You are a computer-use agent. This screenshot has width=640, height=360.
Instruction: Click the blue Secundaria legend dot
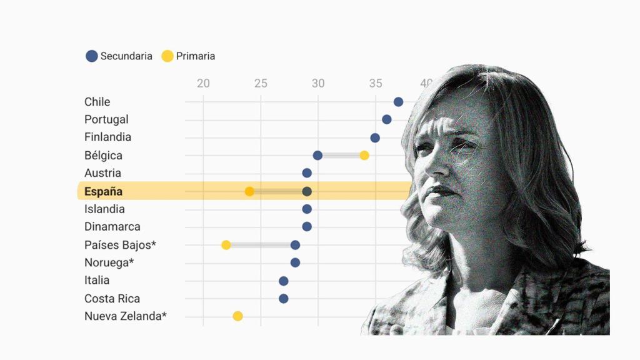[x=92, y=56]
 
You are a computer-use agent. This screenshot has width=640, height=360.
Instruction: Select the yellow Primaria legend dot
[x=167, y=56]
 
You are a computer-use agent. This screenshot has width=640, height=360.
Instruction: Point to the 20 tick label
[x=203, y=83]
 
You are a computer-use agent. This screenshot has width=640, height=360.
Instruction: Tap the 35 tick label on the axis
[x=375, y=83]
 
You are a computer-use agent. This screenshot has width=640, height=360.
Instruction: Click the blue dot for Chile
[x=398, y=102]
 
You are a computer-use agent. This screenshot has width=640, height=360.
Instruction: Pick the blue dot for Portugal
[x=387, y=119]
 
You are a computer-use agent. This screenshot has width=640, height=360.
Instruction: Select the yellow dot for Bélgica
[x=364, y=155]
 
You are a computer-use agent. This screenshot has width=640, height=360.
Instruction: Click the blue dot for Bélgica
[x=317, y=155]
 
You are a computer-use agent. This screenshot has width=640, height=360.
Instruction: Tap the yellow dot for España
[x=249, y=191]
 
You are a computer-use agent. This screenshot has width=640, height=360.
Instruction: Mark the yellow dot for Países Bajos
[x=226, y=245]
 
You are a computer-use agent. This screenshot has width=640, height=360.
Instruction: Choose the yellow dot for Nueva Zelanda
[x=237, y=316]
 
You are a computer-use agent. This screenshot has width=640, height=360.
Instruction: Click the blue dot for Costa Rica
[x=284, y=299]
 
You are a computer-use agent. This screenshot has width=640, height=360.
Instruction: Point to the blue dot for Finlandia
[x=375, y=137]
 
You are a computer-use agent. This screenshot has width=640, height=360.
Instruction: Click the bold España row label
[x=103, y=191]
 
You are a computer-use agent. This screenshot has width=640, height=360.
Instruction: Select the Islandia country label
[x=104, y=209]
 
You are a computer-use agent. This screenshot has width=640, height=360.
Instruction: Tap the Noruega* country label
[x=109, y=262]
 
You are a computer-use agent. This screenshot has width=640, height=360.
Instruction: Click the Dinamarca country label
[x=112, y=227]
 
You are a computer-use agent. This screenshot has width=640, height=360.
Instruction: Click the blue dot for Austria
[x=307, y=173]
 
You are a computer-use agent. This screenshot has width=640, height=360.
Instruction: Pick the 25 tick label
[x=261, y=83]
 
